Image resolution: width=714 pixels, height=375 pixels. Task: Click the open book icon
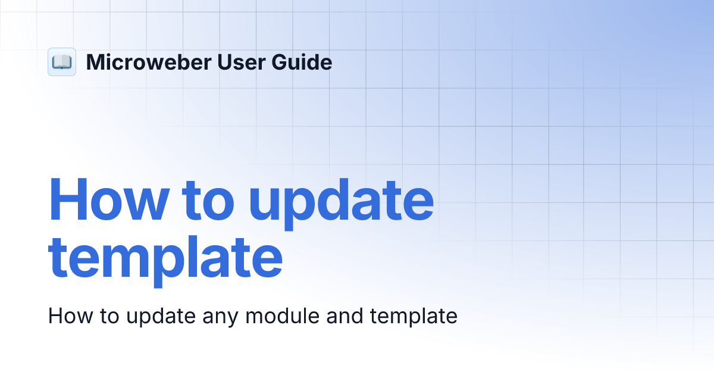coord(62,62)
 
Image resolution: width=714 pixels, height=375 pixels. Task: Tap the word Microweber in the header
coord(146,62)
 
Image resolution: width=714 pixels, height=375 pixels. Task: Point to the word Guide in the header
coord(303,62)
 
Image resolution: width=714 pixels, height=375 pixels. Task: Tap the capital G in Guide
coord(280,62)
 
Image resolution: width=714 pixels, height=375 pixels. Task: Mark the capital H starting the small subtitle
coord(55,316)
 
